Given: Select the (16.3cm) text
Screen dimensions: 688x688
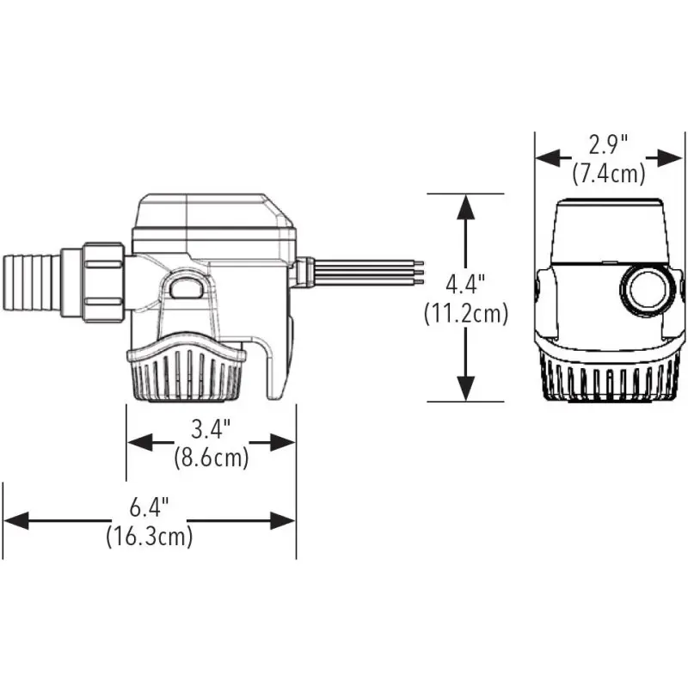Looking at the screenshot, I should click(x=150, y=537).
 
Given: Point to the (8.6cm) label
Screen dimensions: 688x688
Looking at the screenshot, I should click(x=211, y=458).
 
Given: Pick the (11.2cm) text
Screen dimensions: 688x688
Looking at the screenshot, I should click(x=466, y=314).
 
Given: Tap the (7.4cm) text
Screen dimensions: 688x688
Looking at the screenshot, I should click(x=609, y=173).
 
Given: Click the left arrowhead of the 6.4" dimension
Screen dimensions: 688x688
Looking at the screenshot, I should click(x=15, y=520).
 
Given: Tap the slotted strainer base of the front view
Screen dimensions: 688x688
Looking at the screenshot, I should click(x=606, y=374).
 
